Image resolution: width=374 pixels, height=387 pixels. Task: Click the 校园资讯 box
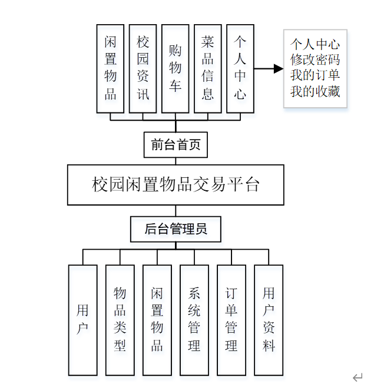click(143, 68)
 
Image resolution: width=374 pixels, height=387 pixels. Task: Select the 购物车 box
click(176, 68)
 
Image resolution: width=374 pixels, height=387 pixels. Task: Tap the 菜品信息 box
click(208, 68)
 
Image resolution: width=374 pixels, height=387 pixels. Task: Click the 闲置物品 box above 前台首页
click(111, 68)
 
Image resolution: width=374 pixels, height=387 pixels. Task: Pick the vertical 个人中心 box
click(240, 68)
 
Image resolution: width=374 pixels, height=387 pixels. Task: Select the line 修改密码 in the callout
click(315, 60)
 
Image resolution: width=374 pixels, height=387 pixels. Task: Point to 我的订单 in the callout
click(315, 76)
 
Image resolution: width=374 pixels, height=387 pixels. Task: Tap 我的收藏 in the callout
click(315, 92)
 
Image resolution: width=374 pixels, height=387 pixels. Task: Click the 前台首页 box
click(176, 145)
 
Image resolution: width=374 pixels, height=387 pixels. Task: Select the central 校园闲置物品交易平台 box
click(176, 185)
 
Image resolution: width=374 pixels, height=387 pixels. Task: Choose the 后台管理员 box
click(176, 229)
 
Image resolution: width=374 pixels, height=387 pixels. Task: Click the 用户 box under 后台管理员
click(82, 320)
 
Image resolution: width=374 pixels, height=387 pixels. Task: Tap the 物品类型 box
click(120, 320)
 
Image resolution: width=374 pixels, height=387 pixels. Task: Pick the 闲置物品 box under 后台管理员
click(157, 320)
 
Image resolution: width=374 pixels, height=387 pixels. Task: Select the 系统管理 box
click(194, 320)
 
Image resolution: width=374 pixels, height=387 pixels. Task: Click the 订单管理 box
click(231, 320)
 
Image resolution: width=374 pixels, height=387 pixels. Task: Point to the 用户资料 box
click(269, 320)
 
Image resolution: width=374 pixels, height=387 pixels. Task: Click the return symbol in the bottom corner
click(358, 377)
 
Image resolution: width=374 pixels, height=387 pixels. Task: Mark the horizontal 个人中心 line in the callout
click(315, 44)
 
